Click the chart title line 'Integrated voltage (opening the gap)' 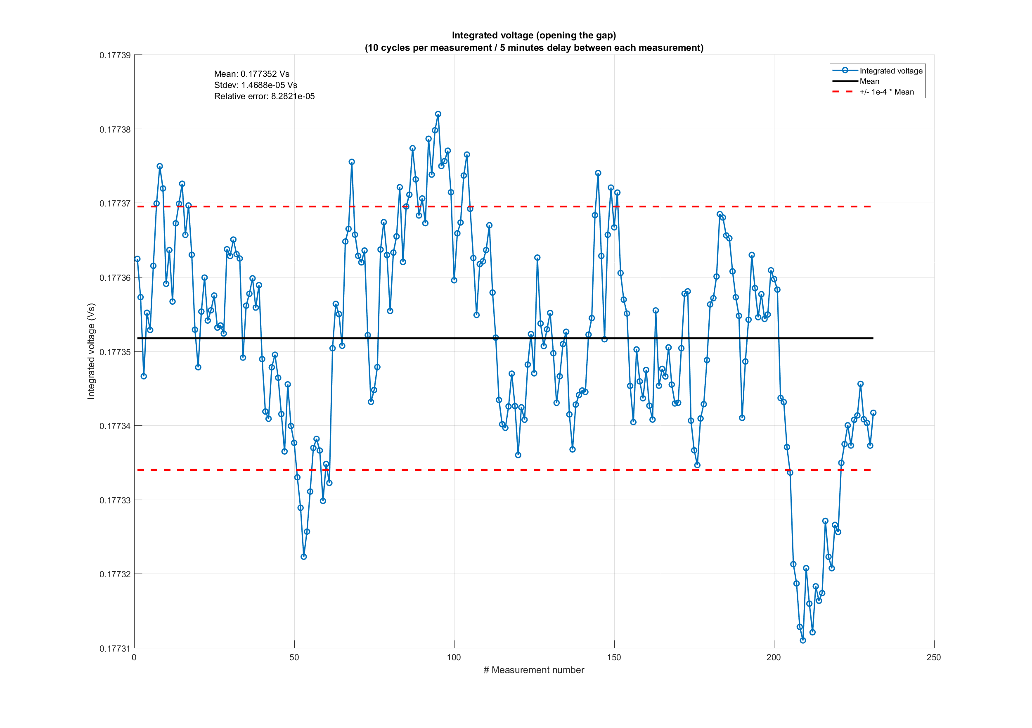tap(533, 35)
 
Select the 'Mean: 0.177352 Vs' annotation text tap(251, 74)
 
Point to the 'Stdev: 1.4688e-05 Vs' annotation tap(255, 85)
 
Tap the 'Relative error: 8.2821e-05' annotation tap(264, 96)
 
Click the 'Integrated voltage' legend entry tap(890, 71)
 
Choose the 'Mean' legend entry tap(869, 81)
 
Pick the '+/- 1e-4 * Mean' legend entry tap(886, 92)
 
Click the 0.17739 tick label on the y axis tap(115, 55)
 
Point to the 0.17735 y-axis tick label tap(115, 352)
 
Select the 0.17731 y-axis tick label tap(115, 648)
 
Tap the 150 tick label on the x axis tap(614, 657)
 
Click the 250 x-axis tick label tap(934, 657)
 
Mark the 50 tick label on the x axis tap(294, 657)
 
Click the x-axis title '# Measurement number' tap(533, 670)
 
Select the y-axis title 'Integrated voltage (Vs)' tap(91, 351)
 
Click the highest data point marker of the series tap(438, 114)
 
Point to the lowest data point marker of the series tap(803, 640)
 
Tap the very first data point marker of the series tap(137, 259)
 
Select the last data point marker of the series tap(873, 413)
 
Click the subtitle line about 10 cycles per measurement tap(533, 47)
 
